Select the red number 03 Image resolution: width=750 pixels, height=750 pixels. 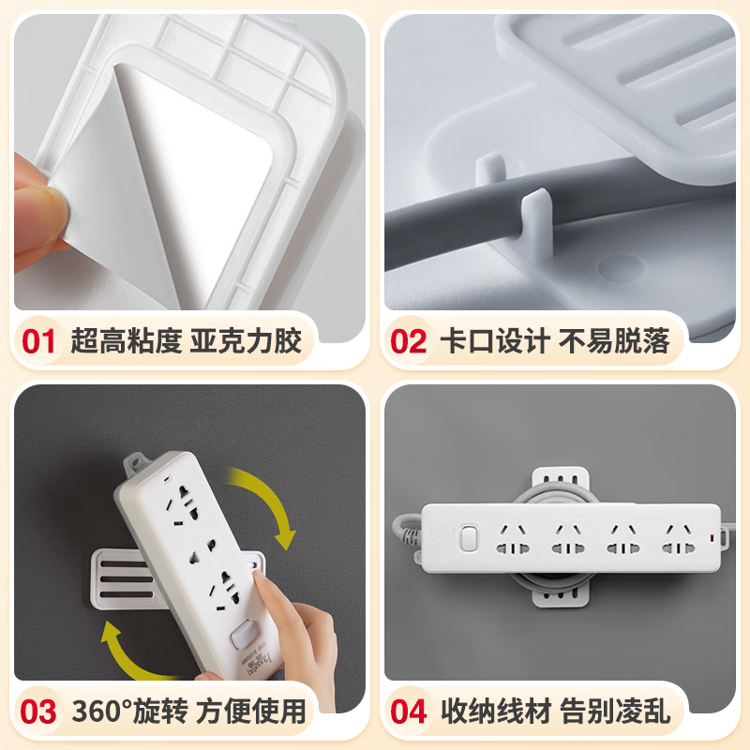[38, 711]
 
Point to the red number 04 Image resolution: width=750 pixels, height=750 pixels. [408, 711]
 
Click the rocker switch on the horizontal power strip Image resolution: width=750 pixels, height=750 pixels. [469, 541]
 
